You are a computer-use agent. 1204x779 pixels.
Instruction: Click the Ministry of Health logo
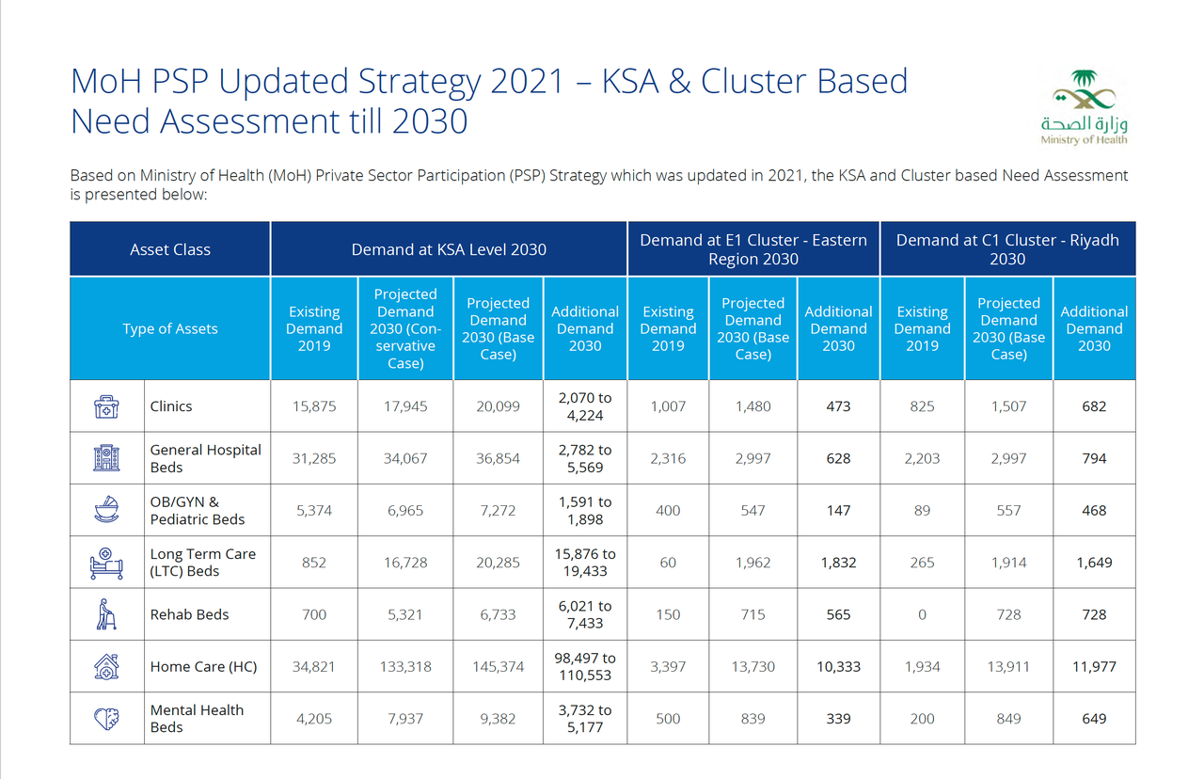click(1084, 105)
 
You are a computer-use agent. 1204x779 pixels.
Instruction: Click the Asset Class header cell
click(170, 249)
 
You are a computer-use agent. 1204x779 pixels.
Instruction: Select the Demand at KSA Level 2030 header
click(449, 249)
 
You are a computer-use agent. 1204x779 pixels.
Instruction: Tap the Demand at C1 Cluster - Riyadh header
click(1007, 249)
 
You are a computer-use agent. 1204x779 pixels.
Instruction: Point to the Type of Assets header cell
click(170, 328)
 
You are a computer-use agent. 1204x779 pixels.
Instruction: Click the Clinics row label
click(171, 406)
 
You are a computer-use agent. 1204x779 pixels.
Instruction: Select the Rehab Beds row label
click(190, 614)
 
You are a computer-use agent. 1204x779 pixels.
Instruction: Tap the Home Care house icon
click(106, 666)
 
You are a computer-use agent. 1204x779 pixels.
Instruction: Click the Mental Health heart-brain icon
click(106, 719)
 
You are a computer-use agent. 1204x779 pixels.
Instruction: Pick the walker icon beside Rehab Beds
click(106, 614)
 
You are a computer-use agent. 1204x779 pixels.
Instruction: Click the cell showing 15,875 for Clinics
click(314, 406)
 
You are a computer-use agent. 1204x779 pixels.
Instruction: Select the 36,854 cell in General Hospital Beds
click(498, 458)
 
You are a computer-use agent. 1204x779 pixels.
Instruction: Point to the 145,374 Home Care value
click(498, 666)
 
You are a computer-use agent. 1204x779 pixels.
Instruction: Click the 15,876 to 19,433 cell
click(585, 563)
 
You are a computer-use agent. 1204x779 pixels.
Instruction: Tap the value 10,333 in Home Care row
click(838, 666)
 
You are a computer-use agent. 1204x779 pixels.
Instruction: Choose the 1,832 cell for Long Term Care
click(838, 563)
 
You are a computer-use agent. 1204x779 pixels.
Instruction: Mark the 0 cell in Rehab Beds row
click(922, 614)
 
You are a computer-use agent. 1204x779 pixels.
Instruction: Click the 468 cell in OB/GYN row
click(1094, 511)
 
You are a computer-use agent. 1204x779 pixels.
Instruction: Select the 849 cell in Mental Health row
click(1008, 719)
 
